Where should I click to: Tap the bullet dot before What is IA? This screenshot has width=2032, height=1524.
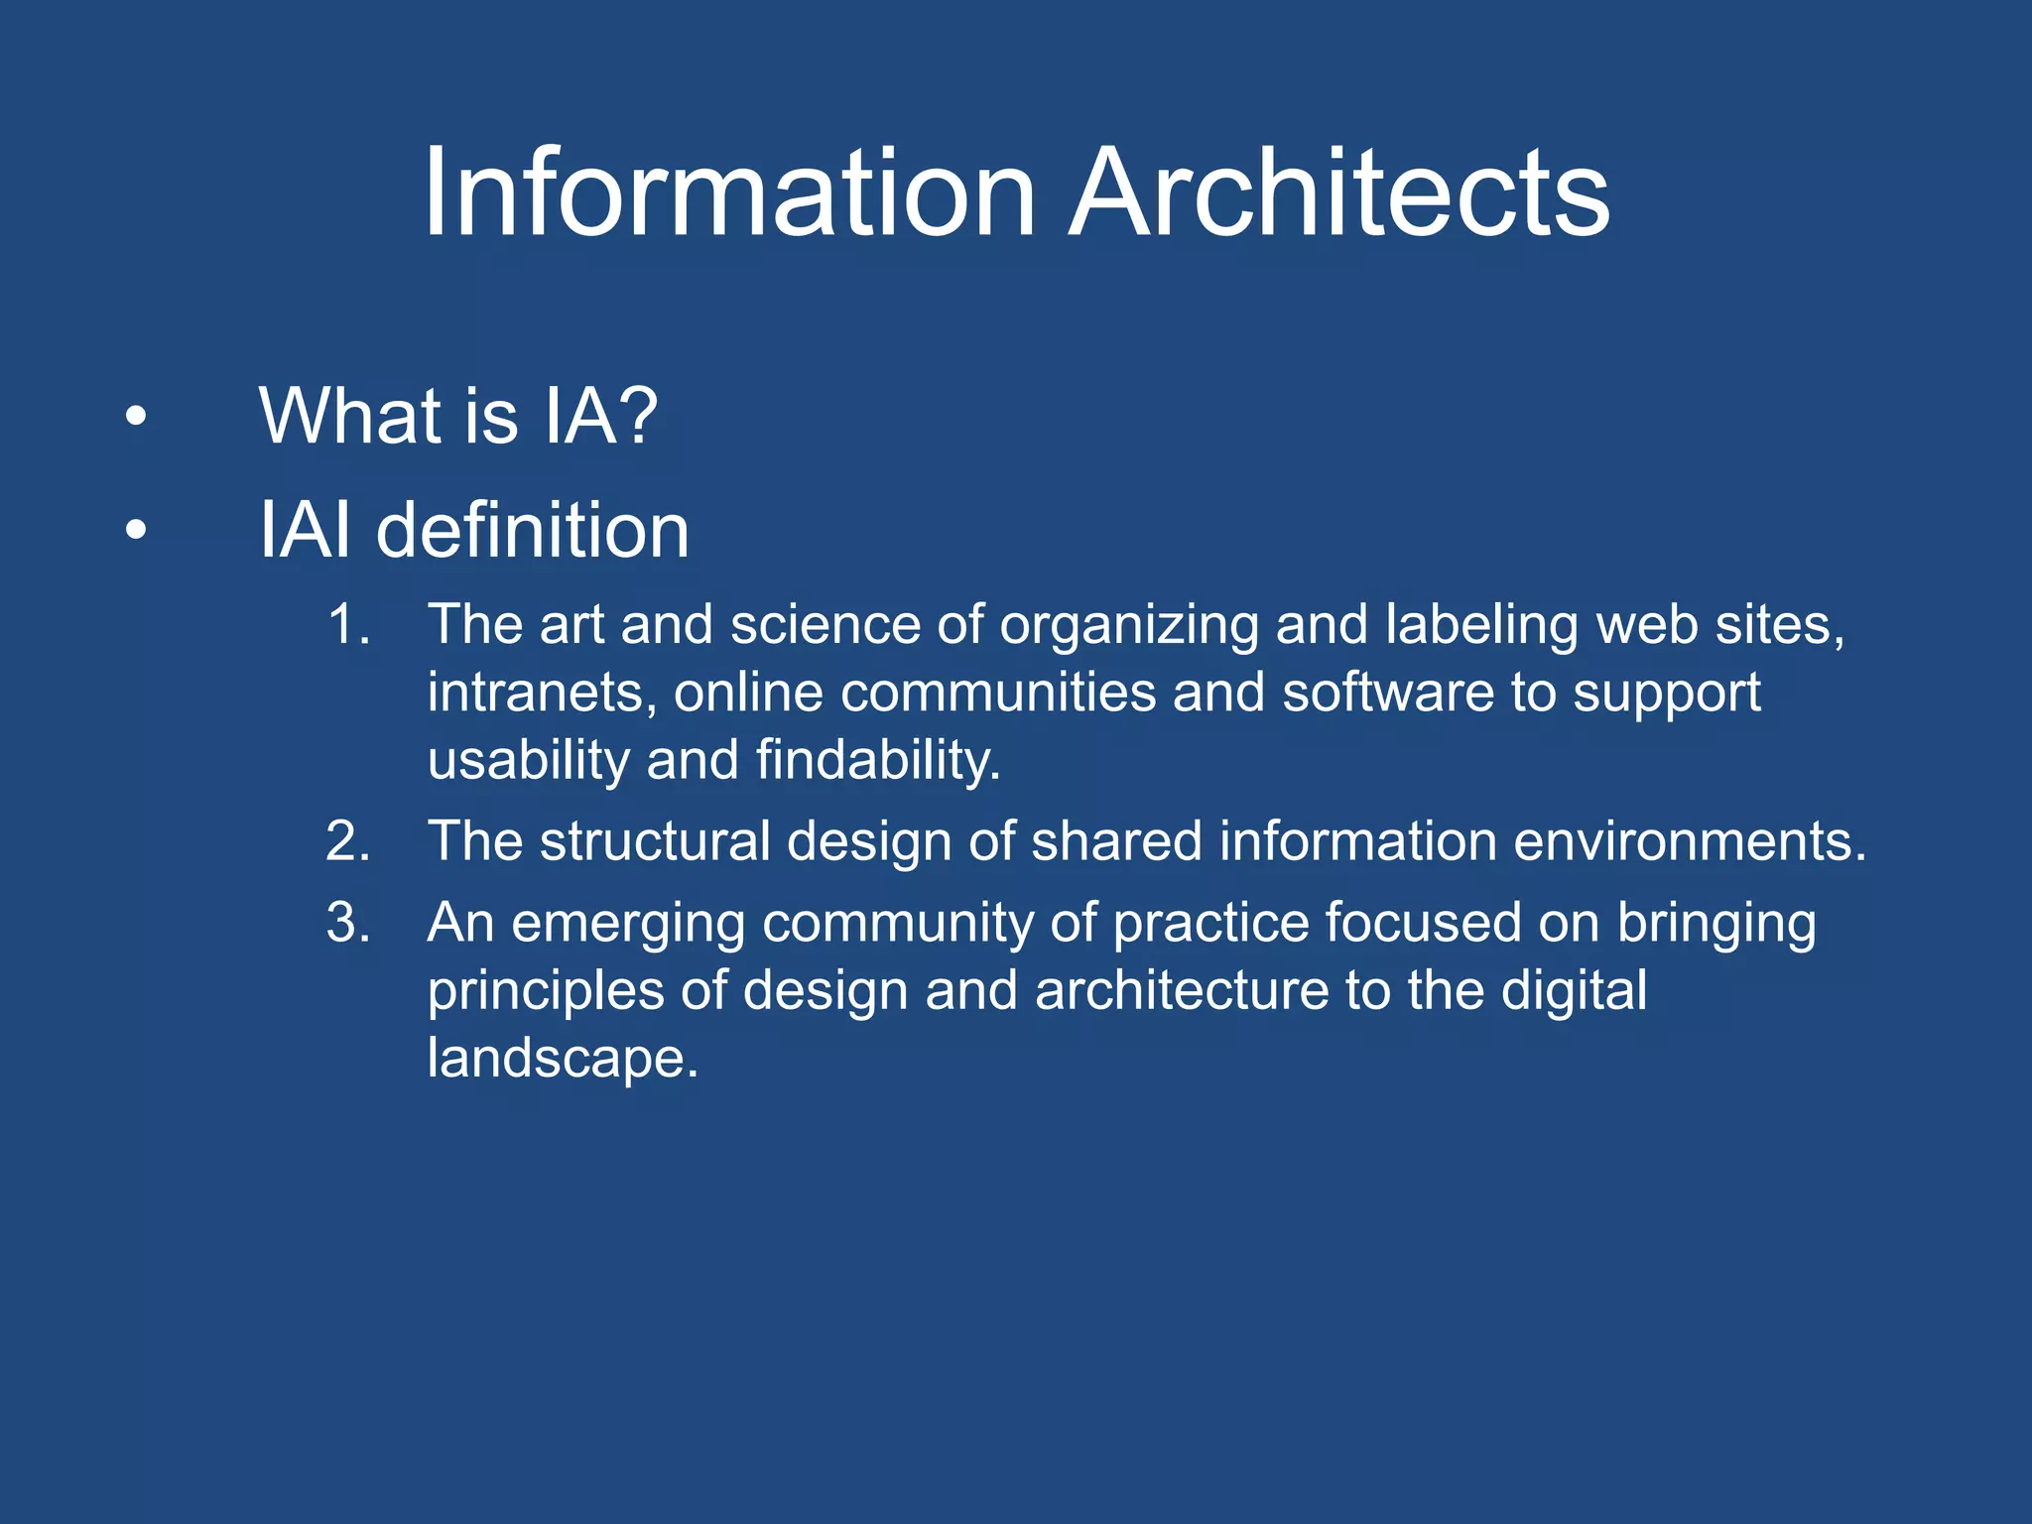pos(136,417)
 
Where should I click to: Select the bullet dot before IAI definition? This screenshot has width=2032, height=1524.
pos(136,531)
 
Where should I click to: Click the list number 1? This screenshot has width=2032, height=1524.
pos(347,625)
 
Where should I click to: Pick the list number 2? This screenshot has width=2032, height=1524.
pos(347,841)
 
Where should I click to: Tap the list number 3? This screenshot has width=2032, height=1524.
pos(347,923)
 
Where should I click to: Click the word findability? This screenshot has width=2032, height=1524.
pos(877,760)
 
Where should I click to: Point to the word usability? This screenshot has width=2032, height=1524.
pos(528,760)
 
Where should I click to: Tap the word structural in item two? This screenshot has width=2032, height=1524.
pos(655,841)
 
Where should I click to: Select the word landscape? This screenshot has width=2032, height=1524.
pos(562,1058)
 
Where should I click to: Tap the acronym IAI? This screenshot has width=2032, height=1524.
pos(305,531)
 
